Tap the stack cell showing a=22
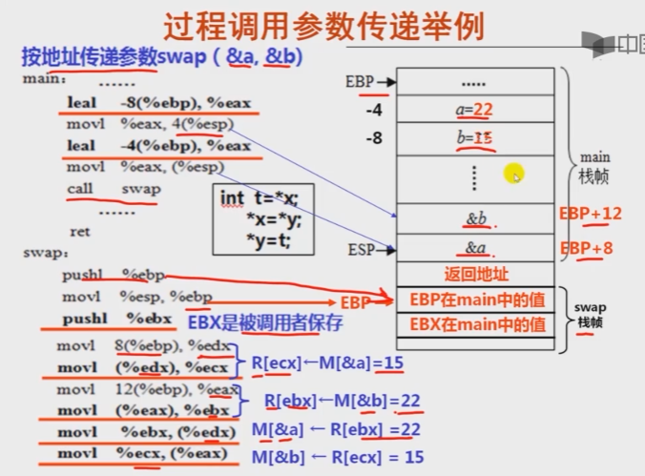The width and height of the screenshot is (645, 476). (474, 111)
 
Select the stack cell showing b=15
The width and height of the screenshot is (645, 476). (474, 138)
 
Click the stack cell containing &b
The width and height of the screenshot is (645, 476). (476, 219)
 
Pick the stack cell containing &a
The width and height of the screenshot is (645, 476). (475, 249)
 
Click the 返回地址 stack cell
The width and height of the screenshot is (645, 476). (475, 275)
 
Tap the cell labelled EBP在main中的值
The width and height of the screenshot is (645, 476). (475, 300)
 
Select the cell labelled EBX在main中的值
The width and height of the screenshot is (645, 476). (475, 324)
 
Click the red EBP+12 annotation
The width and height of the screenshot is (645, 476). (591, 214)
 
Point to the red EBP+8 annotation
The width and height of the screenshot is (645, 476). (589, 248)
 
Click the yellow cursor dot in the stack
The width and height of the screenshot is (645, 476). (514, 176)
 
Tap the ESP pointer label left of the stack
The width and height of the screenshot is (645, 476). (362, 250)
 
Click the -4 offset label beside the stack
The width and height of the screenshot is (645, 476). (374, 111)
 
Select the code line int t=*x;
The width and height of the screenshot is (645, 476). (260, 198)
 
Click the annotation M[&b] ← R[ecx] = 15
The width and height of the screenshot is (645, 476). (338, 457)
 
